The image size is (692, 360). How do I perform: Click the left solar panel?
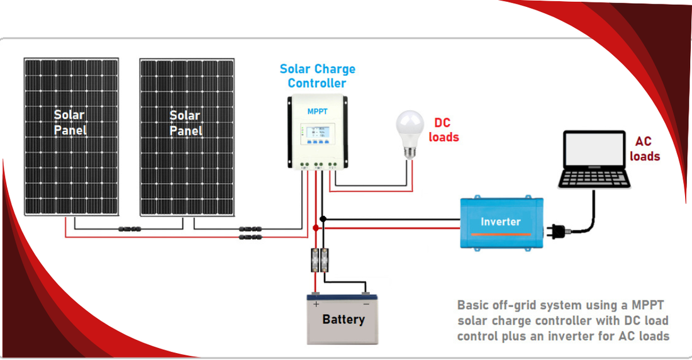click(x=71, y=136)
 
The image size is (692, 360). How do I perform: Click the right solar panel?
click(x=186, y=136)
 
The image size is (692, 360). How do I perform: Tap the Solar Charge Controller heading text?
click(x=317, y=76)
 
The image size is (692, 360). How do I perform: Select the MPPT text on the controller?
click(x=317, y=111)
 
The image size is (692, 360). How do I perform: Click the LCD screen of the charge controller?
click(x=317, y=133)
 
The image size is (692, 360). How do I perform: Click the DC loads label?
click(x=444, y=130)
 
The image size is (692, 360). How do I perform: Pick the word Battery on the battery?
click(x=343, y=319)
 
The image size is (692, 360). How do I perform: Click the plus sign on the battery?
click(x=316, y=304)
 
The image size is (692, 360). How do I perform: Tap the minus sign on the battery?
click(x=366, y=304)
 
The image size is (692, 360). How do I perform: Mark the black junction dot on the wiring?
click(x=323, y=219)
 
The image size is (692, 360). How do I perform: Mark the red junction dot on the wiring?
click(x=316, y=227)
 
